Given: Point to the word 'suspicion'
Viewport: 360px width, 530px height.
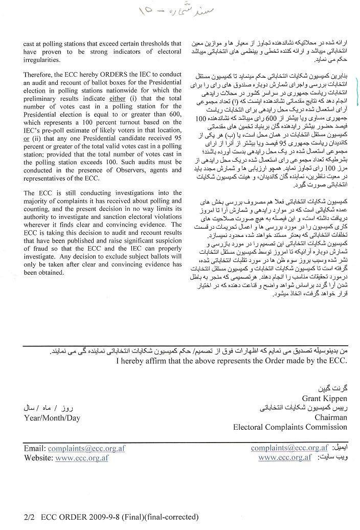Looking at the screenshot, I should point(166,249).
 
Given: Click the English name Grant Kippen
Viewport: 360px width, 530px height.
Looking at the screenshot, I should point(324,399).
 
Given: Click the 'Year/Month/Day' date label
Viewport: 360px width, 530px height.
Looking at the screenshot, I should point(52,417).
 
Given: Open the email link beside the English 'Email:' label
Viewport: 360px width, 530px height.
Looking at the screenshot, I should point(86,449).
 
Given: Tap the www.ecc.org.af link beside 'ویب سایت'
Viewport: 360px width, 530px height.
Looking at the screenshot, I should point(285,457).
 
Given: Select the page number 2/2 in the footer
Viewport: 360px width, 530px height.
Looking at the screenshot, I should point(29,517).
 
